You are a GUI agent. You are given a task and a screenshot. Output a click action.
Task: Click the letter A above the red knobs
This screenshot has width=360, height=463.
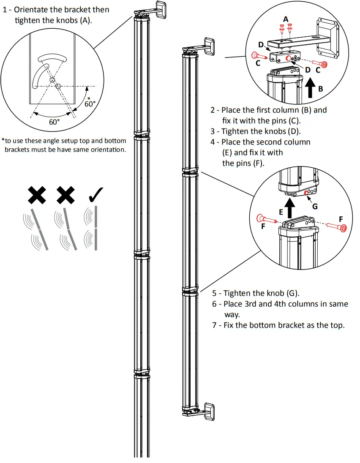click(x=286, y=19)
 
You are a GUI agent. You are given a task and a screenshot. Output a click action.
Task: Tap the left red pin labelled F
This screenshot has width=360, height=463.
click(x=266, y=219)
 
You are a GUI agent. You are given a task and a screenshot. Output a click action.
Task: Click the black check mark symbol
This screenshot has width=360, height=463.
click(x=96, y=195)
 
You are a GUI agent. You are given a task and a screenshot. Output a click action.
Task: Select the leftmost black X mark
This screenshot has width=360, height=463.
click(x=37, y=195)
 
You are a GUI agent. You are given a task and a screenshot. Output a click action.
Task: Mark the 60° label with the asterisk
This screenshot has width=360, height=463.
click(x=90, y=103)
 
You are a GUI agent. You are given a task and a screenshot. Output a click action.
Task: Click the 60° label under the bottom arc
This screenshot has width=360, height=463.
click(x=54, y=122)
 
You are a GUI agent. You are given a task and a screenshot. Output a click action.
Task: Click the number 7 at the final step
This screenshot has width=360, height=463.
click(x=214, y=325)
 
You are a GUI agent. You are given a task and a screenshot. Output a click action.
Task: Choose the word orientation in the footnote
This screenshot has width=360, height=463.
click(x=108, y=150)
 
